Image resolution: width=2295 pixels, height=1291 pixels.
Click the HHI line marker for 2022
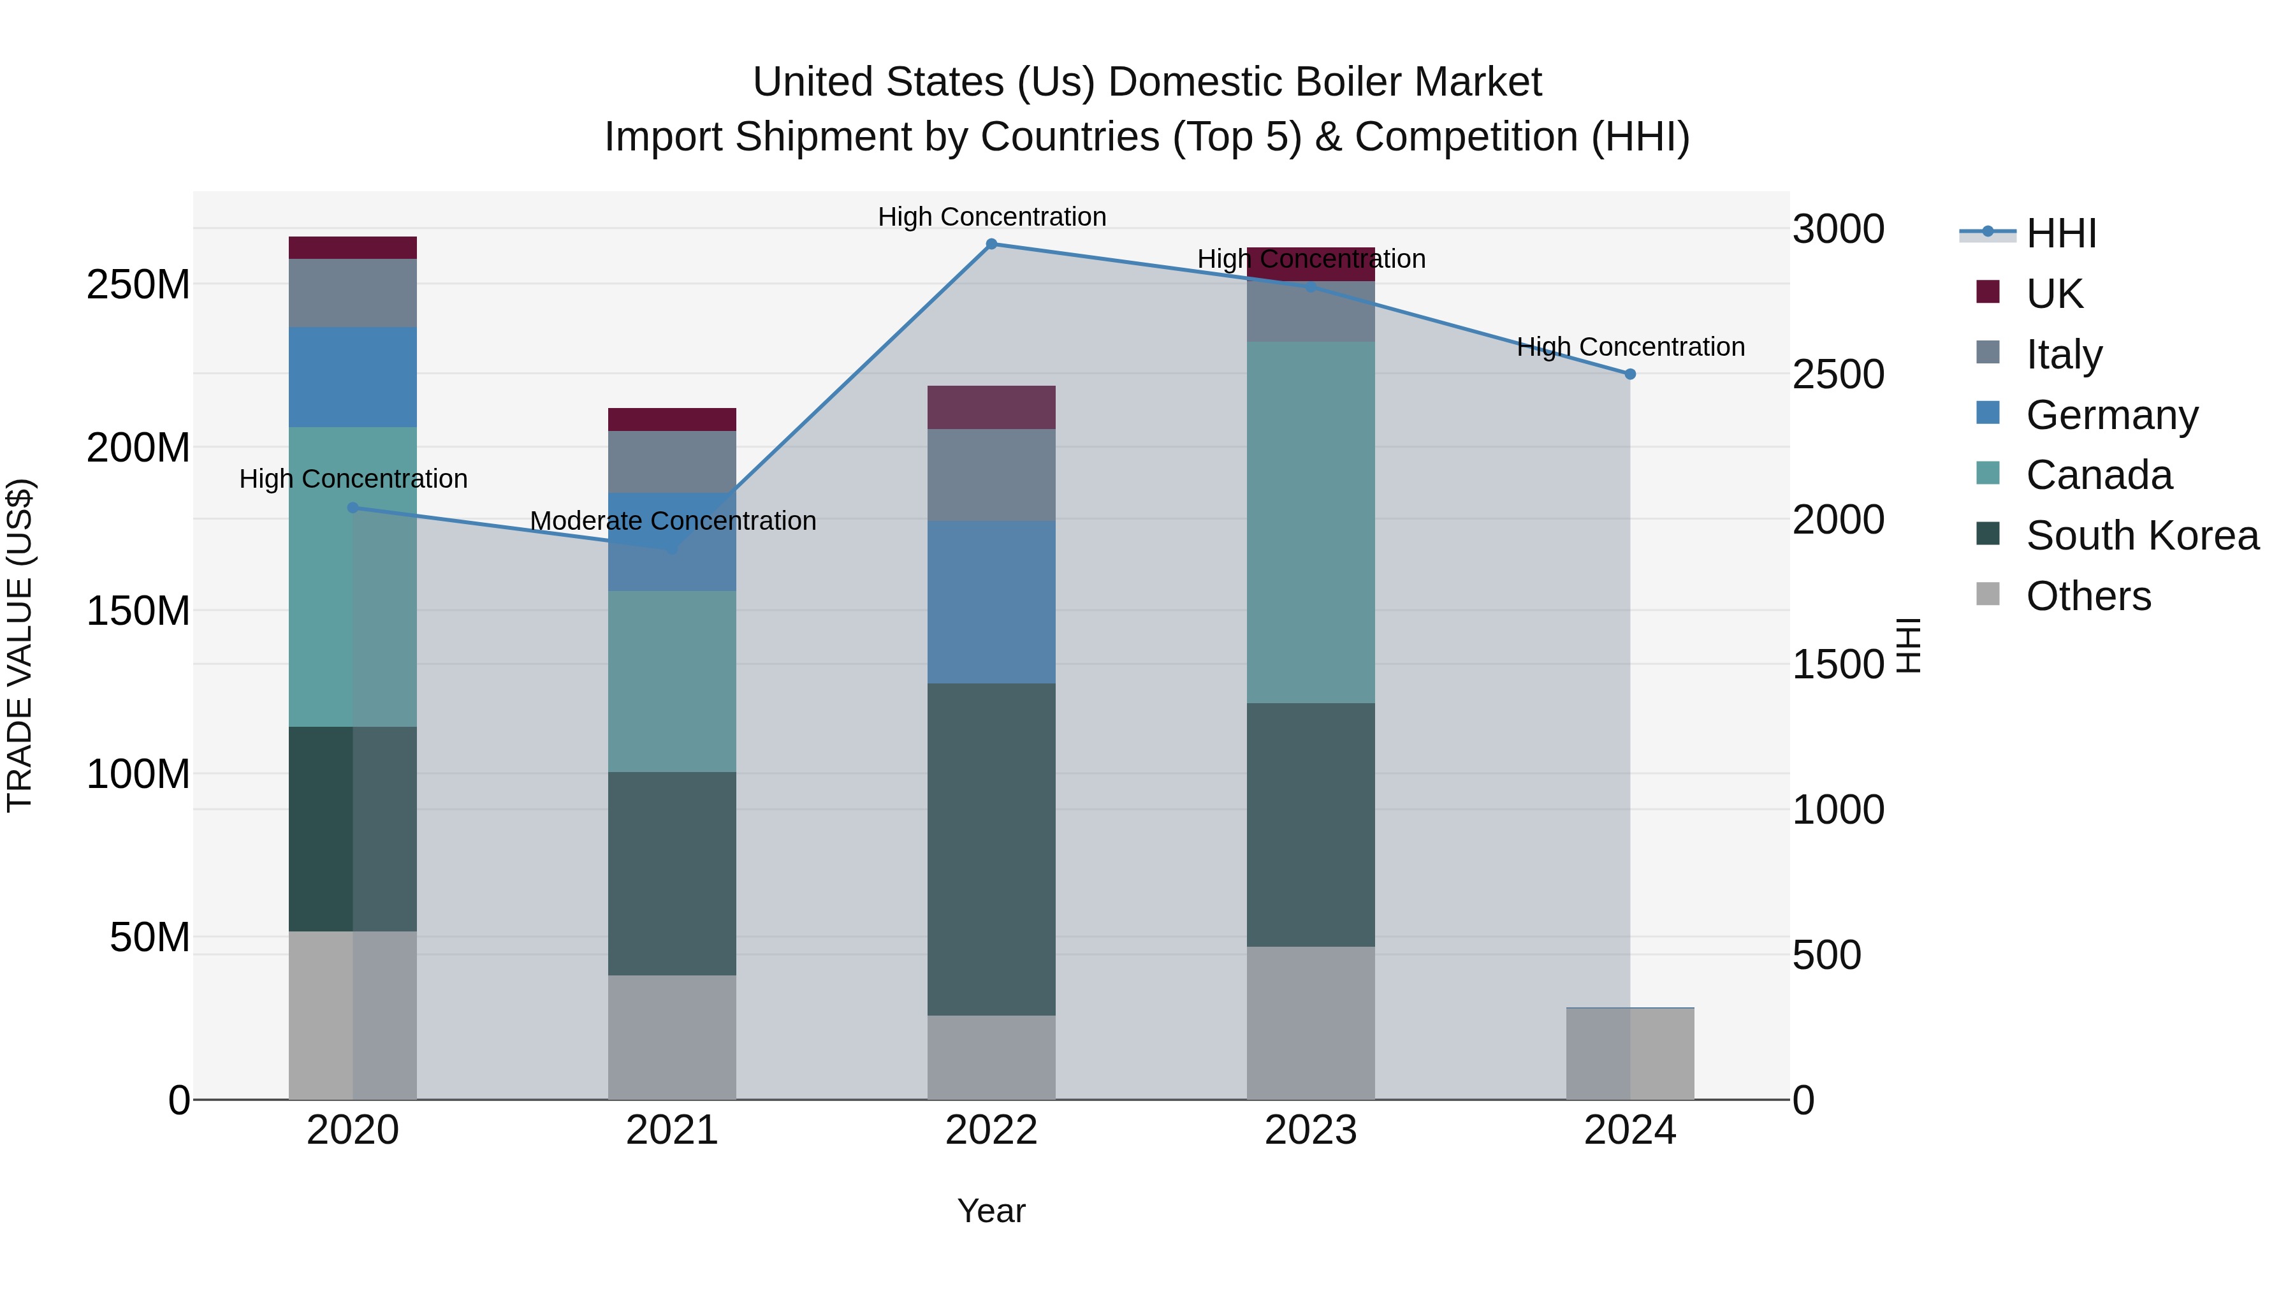click(x=991, y=244)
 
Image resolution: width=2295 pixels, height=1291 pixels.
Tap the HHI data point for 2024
click(x=1629, y=374)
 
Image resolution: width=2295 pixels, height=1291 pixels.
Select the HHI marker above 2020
click(x=353, y=508)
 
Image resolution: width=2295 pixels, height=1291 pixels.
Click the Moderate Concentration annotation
click(x=673, y=522)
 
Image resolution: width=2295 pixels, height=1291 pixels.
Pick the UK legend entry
click(x=2053, y=293)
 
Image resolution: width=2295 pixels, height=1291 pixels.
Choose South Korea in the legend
click(x=2142, y=536)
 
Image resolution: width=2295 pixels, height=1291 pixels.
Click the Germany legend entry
click(x=2111, y=414)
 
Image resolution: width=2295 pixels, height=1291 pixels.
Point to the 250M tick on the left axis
click(x=138, y=285)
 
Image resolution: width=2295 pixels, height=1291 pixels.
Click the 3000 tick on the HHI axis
click(x=1838, y=229)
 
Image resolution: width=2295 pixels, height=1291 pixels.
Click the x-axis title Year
click(x=991, y=1211)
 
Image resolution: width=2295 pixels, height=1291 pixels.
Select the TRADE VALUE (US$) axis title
click(x=20, y=645)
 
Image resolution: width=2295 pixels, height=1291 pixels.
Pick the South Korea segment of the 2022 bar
click(x=991, y=849)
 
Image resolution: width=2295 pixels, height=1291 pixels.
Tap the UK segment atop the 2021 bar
click(x=672, y=419)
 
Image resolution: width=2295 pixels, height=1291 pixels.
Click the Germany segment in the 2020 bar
click(x=353, y=377)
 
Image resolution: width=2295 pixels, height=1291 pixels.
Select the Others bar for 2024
click(x=1629, y=1053)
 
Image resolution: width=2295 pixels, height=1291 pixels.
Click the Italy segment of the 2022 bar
click(x=991, y=475)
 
